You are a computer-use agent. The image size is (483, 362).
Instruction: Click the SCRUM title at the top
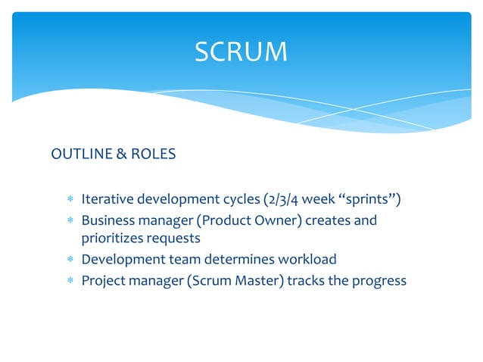click(241, 51)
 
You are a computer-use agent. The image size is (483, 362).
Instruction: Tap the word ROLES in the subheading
click(154, 154)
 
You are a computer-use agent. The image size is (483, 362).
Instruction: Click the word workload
click(307, 260)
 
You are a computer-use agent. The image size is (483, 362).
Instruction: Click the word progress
click(379, 280)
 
